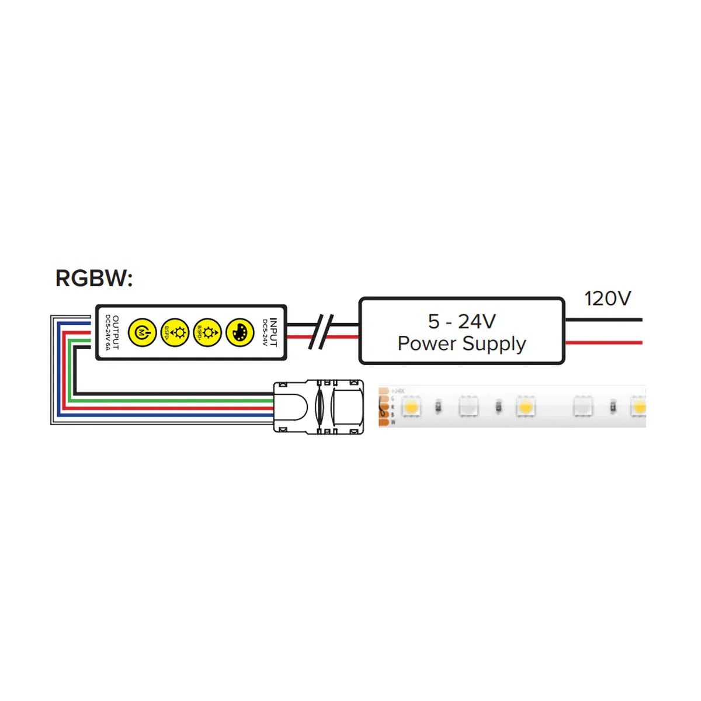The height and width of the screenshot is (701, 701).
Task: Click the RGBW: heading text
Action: pyautogui.click(x=94, y=278)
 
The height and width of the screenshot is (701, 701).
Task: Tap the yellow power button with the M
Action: pyautogui.click(x=142, y=332)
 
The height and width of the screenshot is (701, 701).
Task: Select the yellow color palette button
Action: pyautogui.click(x=240, y=332)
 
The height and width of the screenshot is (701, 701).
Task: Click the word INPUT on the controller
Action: pyautogui.click(x=273, y=332)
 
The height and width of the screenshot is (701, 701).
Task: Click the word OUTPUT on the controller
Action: pyautogui.click(x=116, y=332)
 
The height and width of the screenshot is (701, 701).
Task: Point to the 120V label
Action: pyautogui.click(x=608, y=299)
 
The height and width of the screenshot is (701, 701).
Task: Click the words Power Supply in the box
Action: pyautogui.click(x=461, y=343)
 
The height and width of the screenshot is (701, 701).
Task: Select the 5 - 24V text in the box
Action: pyautogui.click(x=461, y=321)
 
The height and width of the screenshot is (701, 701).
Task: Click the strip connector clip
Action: pyautogui.click(x=319, y=407)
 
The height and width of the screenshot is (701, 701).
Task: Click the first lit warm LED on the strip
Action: pyautogui.click(x=411, y=406)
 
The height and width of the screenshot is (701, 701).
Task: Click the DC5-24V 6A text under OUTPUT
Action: pyautogui.click(x=108, y=332)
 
